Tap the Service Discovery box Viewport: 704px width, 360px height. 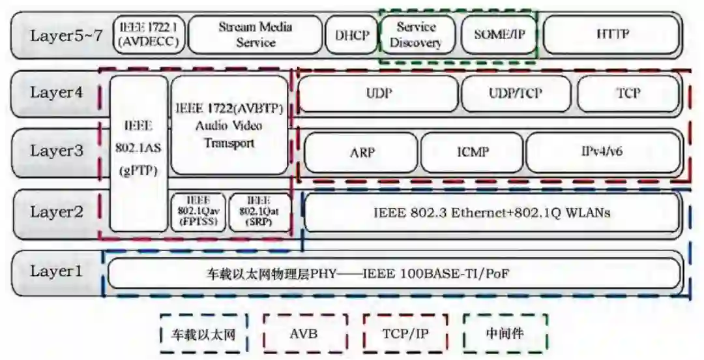click(416, 35)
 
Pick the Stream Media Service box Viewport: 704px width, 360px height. click(256, 35)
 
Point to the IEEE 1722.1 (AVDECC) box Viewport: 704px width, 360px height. click(149, 35)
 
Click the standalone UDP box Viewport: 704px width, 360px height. click(379, 93)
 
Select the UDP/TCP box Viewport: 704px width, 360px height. click(515, 93)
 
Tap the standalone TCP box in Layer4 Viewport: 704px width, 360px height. click(628, 93)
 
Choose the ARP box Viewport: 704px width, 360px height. click(362, 152)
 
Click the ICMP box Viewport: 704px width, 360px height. click(472, 152)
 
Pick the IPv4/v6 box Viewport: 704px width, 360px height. click(602, 152)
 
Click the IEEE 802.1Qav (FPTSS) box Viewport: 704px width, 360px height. click(198, 211)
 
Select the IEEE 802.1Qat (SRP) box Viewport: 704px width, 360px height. click(258, 211)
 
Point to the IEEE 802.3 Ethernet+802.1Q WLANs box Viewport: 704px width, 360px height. click(492, 212)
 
